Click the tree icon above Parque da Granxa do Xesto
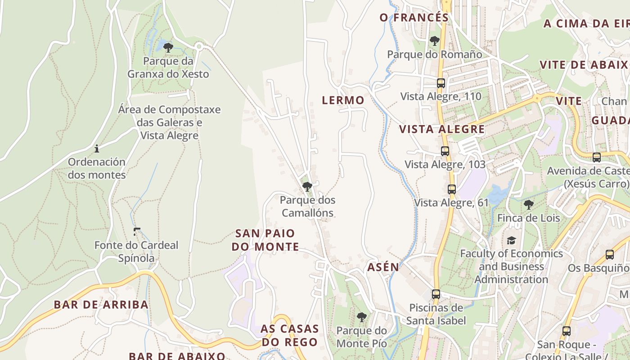point(168,47)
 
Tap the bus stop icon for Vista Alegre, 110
point(441,83)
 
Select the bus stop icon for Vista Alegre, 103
point(445,151)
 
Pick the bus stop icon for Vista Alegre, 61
point(452,189)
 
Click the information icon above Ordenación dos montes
point(96,148)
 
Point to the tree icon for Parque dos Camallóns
point(307,186)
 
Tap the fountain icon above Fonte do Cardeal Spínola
point(137,232)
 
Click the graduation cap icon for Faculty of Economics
point(511,240)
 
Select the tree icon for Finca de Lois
point(529,205)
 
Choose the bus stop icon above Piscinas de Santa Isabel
point(436,294)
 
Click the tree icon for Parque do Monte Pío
point(361,317)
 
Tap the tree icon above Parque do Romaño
point(434,41)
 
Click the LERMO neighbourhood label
point(343,100)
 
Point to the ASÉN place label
point(383,267)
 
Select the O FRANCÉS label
point(414,18)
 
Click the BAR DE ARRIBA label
point(101,305)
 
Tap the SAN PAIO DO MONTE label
point(265,240)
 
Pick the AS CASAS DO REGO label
point(289,335)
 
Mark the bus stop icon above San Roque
point(566,331)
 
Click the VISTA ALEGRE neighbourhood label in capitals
point(442,130)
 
